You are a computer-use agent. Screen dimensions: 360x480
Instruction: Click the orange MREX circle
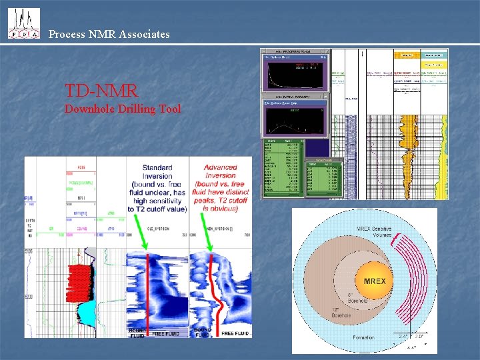click(374, 281)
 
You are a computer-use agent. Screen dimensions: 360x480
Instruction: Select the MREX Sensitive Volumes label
click(375, 233)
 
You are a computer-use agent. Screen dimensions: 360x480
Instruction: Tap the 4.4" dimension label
click(412, 347)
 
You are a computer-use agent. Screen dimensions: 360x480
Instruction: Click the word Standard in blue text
click(157, 167)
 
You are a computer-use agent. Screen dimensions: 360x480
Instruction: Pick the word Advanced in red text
click(221, 167)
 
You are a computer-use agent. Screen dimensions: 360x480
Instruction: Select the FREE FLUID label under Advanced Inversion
click(235, 333)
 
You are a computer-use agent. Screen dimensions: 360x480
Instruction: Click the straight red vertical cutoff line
click(147, 293)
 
